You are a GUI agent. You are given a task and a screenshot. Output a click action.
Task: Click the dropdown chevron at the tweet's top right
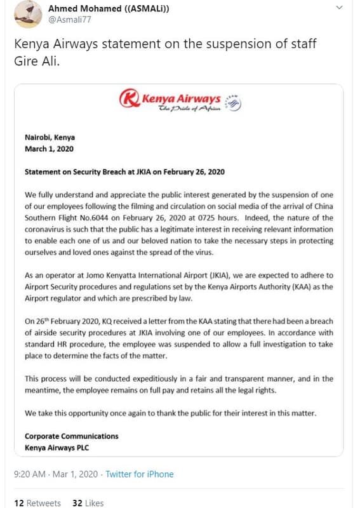(340, 8)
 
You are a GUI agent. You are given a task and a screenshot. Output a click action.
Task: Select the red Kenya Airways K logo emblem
(130, 99)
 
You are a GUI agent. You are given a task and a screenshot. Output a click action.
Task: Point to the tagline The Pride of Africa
(189, 109)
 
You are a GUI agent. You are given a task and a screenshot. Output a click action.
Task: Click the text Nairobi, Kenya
(50, 137)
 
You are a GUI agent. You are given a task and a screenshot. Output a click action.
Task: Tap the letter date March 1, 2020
(49, 149)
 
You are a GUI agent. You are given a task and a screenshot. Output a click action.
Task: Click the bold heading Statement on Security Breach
(124, 171)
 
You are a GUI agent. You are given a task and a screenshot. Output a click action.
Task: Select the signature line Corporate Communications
(71, 436)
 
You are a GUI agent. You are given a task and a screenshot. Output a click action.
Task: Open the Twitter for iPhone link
(139, 474)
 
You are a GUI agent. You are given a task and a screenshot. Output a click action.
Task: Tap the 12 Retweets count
(37, 503)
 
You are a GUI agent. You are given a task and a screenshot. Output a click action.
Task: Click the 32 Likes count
(88, 503)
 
